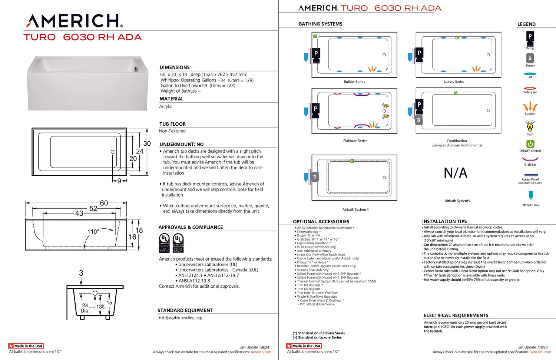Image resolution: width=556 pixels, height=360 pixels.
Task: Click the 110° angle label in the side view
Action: coord(93,232)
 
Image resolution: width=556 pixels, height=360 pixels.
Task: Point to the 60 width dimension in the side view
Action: coord(104,203)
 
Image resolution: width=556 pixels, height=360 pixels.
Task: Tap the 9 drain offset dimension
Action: coord(119,181)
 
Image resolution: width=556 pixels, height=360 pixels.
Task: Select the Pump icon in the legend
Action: coord(530,37)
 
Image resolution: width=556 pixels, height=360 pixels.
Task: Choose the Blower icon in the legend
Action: coord(530,58)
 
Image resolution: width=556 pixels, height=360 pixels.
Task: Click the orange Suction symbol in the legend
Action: coord(530,107)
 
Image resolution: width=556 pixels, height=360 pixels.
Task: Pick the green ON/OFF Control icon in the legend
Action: coord(530,144)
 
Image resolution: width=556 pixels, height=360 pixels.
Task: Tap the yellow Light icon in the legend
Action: coord(530,126)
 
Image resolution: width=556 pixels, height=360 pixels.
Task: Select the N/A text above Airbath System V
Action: coord(456,173)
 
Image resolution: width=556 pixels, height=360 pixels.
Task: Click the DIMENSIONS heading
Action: coord(175,67)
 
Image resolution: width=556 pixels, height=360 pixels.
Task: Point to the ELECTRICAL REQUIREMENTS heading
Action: coord(456,316)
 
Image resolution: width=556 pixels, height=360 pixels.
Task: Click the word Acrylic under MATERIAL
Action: coord(166,106)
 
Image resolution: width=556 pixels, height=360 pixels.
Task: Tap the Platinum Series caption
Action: coord(355,141)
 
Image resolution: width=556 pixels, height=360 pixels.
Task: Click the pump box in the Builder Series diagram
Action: coord(316,54)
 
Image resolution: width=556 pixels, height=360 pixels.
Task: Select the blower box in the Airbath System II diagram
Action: coord(315,177)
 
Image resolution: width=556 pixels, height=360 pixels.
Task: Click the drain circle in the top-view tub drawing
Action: coord(113,152)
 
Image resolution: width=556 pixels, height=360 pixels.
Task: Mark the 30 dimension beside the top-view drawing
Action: coord(147,144)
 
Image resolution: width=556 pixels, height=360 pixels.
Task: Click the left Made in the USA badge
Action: coord(26,346)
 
